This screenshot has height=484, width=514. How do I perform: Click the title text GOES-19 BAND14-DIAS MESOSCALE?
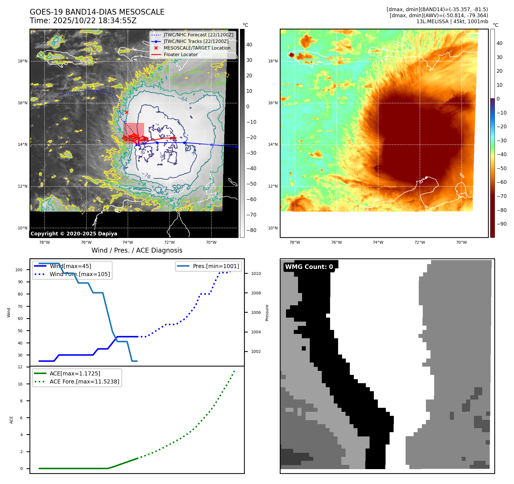coord(97,12)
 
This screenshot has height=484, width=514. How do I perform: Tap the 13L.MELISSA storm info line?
coord(452,21)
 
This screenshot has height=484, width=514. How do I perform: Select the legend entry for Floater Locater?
coord(180,54)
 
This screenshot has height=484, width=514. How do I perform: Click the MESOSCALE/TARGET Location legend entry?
coord(197,48)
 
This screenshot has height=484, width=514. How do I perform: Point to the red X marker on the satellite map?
coord(127,112)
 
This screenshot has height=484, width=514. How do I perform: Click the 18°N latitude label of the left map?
coord(23,61)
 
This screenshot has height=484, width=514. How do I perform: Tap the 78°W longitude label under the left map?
coord(44,242)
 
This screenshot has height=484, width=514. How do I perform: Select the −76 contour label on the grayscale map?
coord(146,175)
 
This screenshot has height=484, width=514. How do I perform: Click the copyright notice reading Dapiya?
coord(74,234)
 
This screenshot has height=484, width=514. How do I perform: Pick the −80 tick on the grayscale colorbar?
coord(251,230)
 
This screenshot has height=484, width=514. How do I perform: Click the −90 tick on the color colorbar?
coord(501,224)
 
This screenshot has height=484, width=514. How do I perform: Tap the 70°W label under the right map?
coord(461,242)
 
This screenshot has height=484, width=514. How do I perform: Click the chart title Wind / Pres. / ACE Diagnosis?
coord(137,250)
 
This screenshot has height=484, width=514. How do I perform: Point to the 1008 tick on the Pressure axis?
coord(256,293)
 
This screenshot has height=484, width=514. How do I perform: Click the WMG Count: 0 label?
coord(309,267)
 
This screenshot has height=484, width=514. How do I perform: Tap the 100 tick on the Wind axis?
coord(19,270)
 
